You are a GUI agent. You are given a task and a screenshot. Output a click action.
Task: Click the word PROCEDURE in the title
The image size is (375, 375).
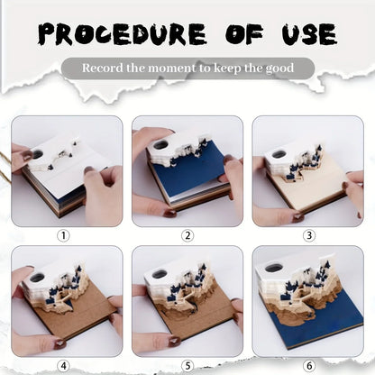[123, 34]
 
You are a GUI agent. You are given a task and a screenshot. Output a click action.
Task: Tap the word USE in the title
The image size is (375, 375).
[309, 34]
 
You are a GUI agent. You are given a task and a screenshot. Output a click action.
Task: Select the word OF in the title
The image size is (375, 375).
[244, 34]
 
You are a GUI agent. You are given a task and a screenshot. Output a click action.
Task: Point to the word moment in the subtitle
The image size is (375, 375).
[172, 69]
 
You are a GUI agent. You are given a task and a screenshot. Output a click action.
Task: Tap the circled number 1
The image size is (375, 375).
[63, 235]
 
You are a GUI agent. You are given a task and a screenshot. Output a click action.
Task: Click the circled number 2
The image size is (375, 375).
[187, 235]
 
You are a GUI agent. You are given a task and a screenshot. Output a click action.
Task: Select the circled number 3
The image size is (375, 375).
[309, 235]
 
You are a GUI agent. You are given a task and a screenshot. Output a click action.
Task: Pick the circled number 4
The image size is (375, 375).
[63, 366]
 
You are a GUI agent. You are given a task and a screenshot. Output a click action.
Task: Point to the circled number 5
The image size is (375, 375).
[187, 366]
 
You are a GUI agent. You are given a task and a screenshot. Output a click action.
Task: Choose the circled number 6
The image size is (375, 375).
[309, 366]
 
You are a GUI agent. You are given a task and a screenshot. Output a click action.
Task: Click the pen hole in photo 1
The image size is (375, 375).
[38, 154]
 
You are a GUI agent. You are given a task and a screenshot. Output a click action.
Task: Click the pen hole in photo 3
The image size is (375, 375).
[279, 154]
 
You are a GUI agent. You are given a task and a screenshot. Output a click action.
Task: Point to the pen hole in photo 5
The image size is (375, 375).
[160, 274]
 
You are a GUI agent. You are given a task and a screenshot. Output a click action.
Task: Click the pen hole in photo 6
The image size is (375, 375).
[273, 268]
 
